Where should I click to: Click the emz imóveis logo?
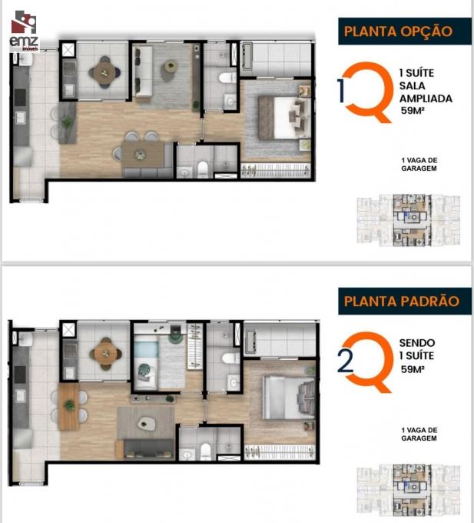[24, 31]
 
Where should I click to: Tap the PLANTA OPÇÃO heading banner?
[405, 32]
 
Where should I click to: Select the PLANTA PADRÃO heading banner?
[405, 301]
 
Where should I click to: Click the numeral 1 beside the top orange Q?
[341, 91]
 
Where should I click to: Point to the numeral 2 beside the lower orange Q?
[345, 362]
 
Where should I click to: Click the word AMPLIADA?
[426, 98]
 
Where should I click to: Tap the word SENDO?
[417, 343]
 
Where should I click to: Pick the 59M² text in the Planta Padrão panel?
[413, 369]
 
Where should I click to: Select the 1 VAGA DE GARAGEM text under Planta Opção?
[419, 165]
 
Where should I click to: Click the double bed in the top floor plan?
[283, 118]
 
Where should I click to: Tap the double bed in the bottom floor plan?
[289, 398]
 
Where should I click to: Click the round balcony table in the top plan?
[104, 73]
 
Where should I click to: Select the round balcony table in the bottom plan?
[105, 355]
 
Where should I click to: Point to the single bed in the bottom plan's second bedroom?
[145, 361]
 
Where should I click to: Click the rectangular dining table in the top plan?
[143, 155]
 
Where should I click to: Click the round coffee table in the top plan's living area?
[171, 66]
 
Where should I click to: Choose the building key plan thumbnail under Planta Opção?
[409, 221]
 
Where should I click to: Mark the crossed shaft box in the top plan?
[68, 50]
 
